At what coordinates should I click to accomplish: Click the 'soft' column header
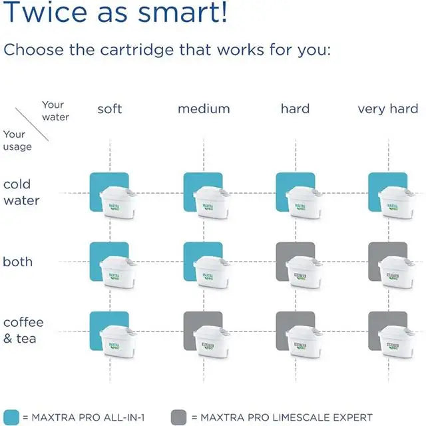pos(110,108)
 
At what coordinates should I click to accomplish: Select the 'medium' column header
pos(203,108)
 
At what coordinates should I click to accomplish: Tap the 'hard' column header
pos(295,108)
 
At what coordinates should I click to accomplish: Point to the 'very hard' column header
pos(388,108)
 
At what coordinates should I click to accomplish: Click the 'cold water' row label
pos(21,192)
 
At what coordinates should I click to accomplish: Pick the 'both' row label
pos(18,262)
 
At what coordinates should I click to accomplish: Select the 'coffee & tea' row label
pos(23,330)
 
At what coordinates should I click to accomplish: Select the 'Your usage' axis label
pos(17,140)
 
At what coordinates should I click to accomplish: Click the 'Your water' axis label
pos(54,110)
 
